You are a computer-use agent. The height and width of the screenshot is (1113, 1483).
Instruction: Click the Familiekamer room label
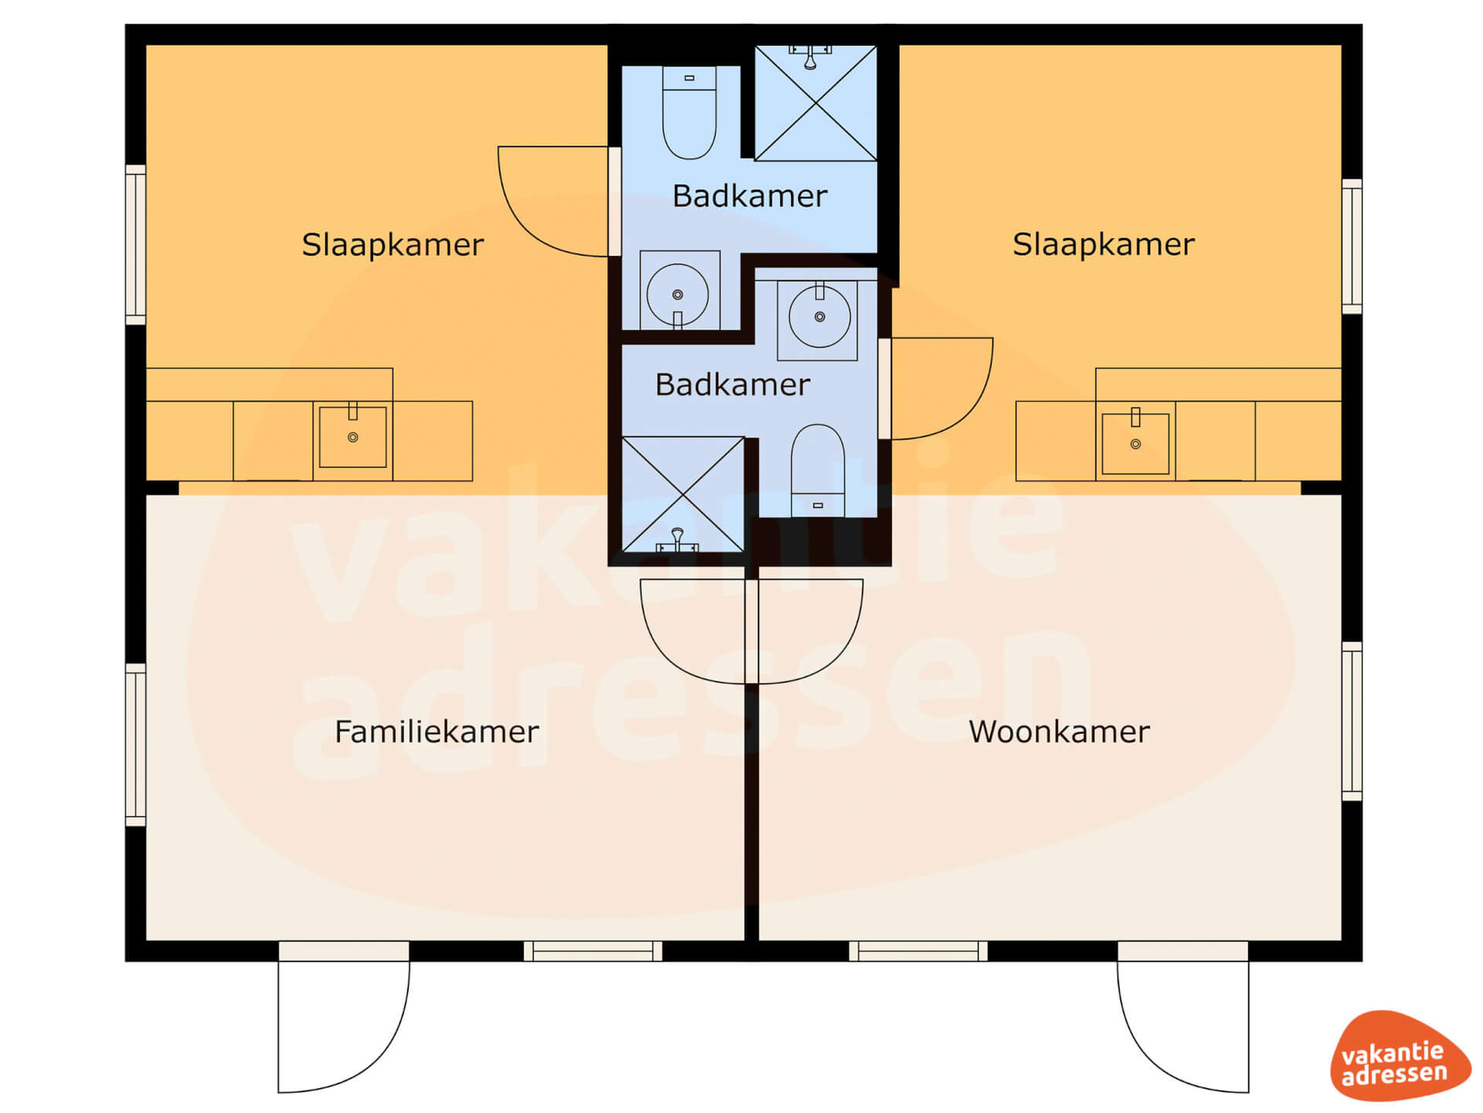coord(436,731)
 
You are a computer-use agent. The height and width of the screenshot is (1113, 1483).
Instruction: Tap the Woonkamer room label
coord(1059,731)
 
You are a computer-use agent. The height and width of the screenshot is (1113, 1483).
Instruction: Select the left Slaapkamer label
coord(392,245)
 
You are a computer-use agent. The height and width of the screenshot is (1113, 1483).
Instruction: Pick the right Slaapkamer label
coord(1103,244)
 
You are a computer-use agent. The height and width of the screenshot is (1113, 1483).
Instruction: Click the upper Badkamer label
coord(749,196)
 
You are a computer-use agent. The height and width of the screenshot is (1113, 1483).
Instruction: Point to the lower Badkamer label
coord(732,384)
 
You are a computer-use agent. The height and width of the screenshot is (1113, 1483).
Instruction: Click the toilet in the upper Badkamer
coord(689,113)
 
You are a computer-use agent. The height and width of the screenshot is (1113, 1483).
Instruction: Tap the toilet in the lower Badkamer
coord(818,470)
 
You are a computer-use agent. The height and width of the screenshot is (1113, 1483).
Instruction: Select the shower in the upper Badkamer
coord(816,103)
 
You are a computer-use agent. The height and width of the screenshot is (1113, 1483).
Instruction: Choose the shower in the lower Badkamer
coord(683,495)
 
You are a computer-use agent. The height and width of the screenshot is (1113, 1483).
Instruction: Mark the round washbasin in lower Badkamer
coord(820,316)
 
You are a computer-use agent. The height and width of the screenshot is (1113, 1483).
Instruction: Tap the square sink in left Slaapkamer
coord(353,437)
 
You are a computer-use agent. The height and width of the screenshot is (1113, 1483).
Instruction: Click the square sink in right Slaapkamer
coord(1135,444)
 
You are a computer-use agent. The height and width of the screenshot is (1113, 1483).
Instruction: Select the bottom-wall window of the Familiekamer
coord(593,951)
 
